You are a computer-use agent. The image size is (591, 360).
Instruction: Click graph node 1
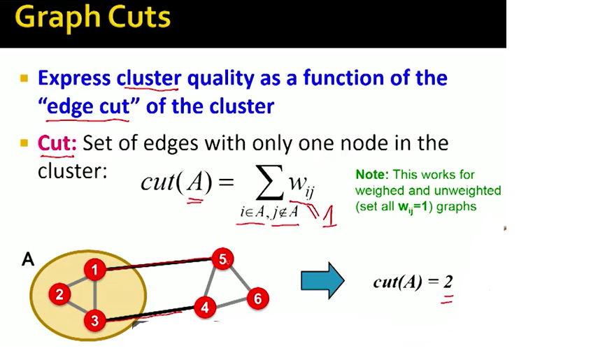click(x=94, y=269)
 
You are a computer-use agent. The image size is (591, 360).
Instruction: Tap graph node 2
click(x=59, y=294)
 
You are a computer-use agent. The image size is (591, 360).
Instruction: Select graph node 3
click(x=94, y=320)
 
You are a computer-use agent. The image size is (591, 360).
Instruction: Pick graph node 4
click(x=205, y=308)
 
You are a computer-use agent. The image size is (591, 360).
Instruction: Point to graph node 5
click(x=222, y=259)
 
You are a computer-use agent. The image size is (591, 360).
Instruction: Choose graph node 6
click(x=258, y=298)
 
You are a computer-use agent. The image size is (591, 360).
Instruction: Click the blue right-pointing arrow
click(x=322, y=280)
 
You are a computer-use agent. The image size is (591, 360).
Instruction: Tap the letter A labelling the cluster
click(x=28, y=259)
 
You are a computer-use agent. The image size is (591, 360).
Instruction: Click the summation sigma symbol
click(x=269, y=182)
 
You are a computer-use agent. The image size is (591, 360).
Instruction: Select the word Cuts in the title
click(x=138, y=17)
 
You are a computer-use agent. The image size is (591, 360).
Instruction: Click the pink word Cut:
click(x=57, y=143)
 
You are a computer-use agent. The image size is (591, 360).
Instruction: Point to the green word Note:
click(x=371, y=174)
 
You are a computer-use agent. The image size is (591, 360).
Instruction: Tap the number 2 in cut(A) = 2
click(x=448, y=281)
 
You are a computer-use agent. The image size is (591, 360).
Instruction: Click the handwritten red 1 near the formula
click(x=329, y=217)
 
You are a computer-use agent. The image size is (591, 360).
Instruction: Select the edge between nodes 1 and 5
click(x=158, y=264)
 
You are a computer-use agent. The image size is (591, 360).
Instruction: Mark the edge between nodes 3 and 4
click(x=150, y=314)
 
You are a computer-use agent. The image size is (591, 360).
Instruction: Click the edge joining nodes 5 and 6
click(x=240, y=279)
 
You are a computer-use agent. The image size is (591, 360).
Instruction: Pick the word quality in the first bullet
click(x=220, y=78)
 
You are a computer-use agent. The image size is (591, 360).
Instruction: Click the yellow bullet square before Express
click(x=24, y=78)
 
